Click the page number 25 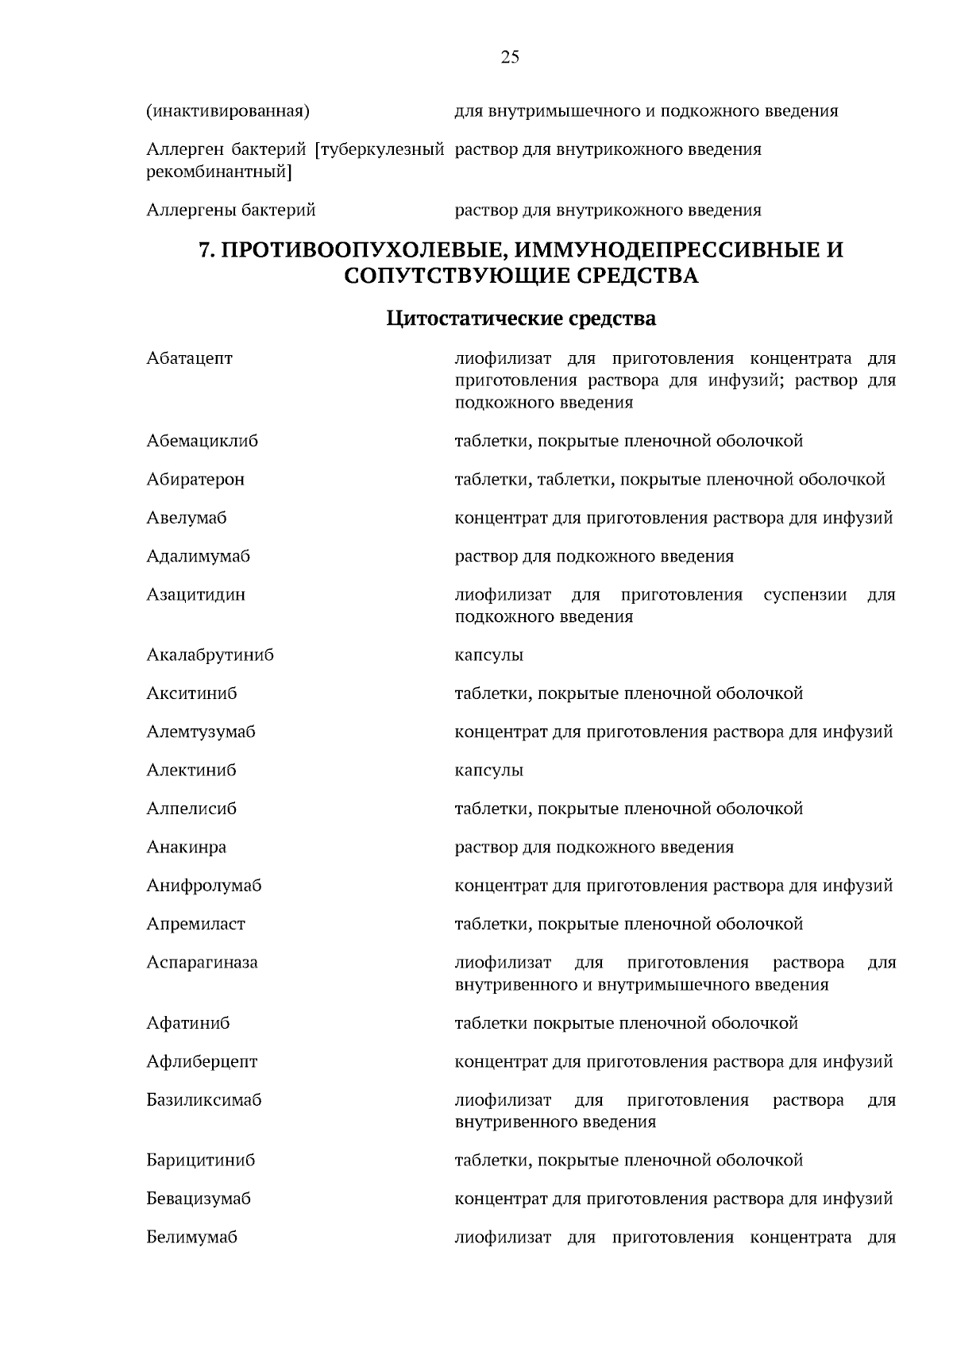point(510,56)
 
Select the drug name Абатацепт point(189,358)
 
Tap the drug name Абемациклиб point(202,441)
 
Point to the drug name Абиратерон point(195,479)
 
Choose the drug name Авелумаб point(187,518)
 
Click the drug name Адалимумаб point(198,556)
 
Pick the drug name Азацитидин point(195,594)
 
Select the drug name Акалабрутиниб point(210,655)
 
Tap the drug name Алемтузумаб point(201,732)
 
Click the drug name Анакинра point(186,847)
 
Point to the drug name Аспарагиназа point(202,963)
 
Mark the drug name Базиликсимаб point(203,1100)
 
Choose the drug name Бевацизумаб point(198,1199)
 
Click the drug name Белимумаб point(191,1237)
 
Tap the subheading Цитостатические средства point(521,319)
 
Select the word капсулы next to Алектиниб point(488,771)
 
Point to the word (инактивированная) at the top point(227,111)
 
